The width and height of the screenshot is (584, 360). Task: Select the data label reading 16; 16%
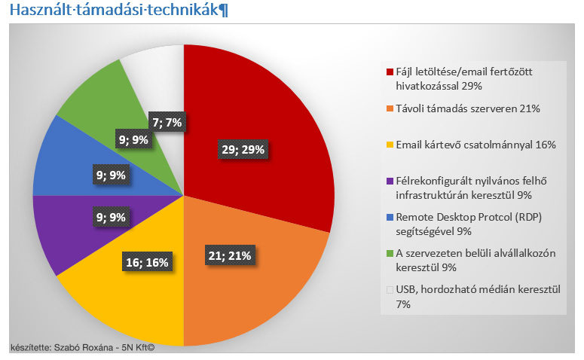(x=146, y=262)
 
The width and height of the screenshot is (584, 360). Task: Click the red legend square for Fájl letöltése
(x=390, y=72)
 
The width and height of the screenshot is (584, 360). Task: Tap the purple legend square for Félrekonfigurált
(x=390, y=181)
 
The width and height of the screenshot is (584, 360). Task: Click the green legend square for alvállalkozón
(x=390, y=253)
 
